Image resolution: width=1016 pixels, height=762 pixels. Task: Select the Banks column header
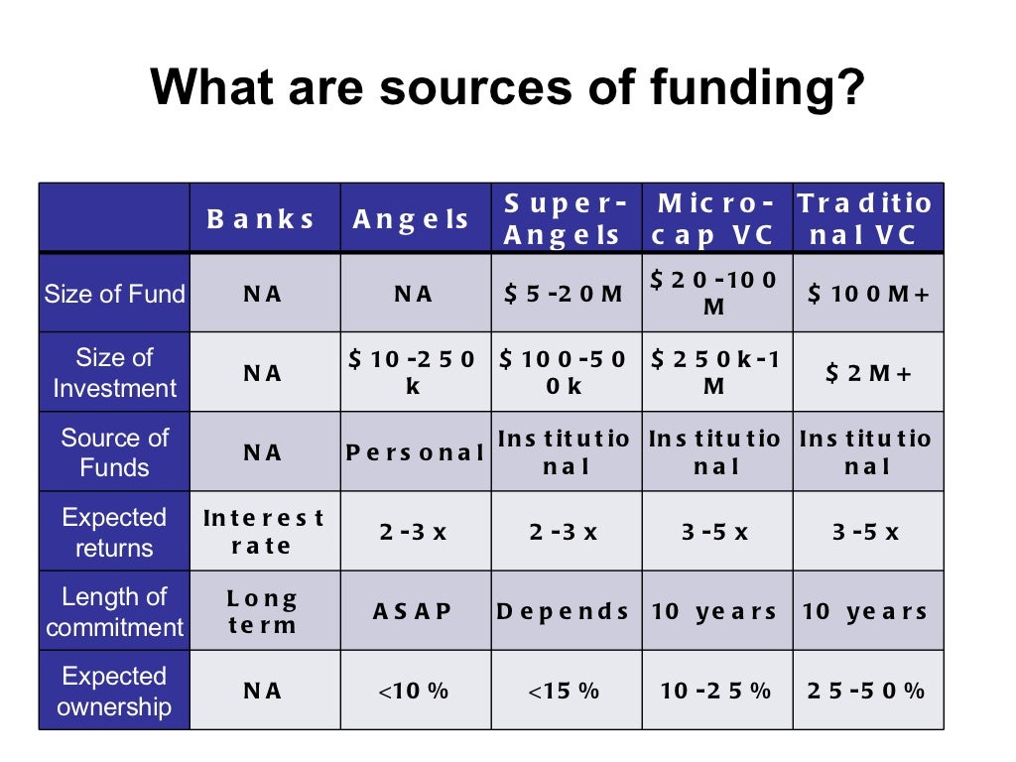[x=262, y=219]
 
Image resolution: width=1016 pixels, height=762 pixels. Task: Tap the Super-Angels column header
[x=566, y=219]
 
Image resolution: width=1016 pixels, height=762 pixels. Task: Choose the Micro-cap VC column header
[x=714, y=219]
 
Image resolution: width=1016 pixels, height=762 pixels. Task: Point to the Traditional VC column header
[x=866, y=219]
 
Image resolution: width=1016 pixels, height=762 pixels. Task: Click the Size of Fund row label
[x=114, y=294]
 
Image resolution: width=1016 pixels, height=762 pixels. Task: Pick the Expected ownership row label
[x=114, y=691]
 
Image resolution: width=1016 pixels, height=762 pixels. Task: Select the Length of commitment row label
[x=114, y=611]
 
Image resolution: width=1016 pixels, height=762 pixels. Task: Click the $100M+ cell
[x=867, y=294]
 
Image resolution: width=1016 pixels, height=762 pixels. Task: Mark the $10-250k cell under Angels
[x=413, y=372]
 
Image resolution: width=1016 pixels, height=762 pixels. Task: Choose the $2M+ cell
[x=867, y=373]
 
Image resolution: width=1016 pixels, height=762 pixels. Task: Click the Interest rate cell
[x=263, y=531]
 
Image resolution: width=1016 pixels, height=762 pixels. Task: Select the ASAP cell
[x=413, y=611]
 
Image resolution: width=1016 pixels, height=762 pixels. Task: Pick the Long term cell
[x=263, y=611]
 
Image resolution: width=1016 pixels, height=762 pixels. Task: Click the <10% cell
[x=413, y=691]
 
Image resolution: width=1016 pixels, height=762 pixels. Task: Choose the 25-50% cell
[x=866, y=691]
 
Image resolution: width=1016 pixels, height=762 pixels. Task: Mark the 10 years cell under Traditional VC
[x=866, y=611]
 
